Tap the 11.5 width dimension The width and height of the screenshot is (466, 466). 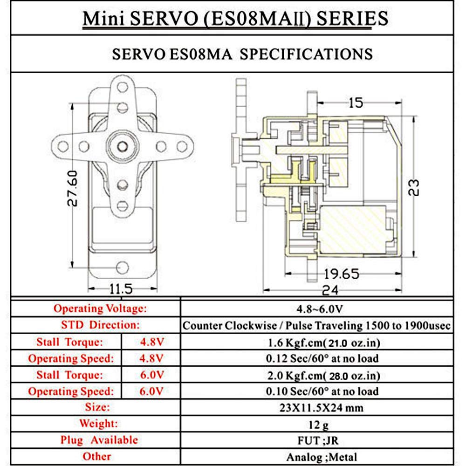point(121,289)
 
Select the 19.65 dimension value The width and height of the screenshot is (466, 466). point(342,274)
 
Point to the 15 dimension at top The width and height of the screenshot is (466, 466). point(355,103)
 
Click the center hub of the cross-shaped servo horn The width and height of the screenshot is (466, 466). point(122,146)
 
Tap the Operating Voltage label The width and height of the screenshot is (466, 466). point(100,308)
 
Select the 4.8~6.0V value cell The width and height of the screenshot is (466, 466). point(315,308)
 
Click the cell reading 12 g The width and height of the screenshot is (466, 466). point(315,424)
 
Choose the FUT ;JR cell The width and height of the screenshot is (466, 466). point(315,440)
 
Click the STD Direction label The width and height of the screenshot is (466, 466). point(100,325)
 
